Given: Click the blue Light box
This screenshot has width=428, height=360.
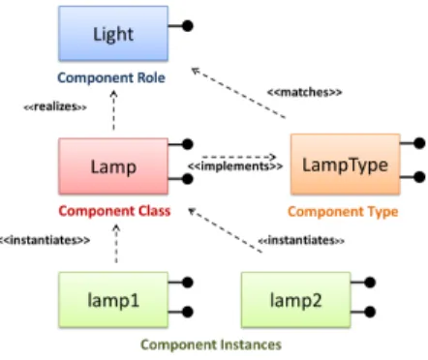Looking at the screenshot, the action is pos(113,34).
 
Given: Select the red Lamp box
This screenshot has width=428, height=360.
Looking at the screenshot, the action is pos(113,166).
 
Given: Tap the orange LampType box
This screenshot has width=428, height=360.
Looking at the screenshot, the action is pos(346,165).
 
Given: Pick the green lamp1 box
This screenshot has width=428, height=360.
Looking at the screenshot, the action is pos(113,300).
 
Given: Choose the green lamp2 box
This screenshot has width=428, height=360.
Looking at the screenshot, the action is pos(296,300).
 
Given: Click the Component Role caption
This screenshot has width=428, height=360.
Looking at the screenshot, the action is pos(111,77).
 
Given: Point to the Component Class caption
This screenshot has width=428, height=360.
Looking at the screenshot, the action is pos(114,211).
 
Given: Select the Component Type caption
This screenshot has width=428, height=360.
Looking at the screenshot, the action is pos(343,212).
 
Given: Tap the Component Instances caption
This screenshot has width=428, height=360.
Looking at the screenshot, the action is pos(211,345).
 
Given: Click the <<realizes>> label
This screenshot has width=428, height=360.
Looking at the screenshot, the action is pos(55,106).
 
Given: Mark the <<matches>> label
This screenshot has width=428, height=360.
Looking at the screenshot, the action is pos(304,92).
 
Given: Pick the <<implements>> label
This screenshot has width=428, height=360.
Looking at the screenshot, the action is pos(235,166).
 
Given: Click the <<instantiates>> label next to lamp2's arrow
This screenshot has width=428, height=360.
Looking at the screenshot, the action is pos(301,240).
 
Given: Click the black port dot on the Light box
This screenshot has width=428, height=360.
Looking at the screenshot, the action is pos(188,26).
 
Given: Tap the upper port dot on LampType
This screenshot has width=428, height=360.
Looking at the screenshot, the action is pos(419,143).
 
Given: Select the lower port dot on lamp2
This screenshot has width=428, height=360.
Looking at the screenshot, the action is pos(370,312).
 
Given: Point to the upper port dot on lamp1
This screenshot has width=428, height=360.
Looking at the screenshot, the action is pos(188,283).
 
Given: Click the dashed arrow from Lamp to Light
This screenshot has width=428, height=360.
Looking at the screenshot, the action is pos(113,110).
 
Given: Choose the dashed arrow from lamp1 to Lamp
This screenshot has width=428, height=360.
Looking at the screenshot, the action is pos(116,244).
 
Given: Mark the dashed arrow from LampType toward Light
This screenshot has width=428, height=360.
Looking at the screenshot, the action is pos(238,93).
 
